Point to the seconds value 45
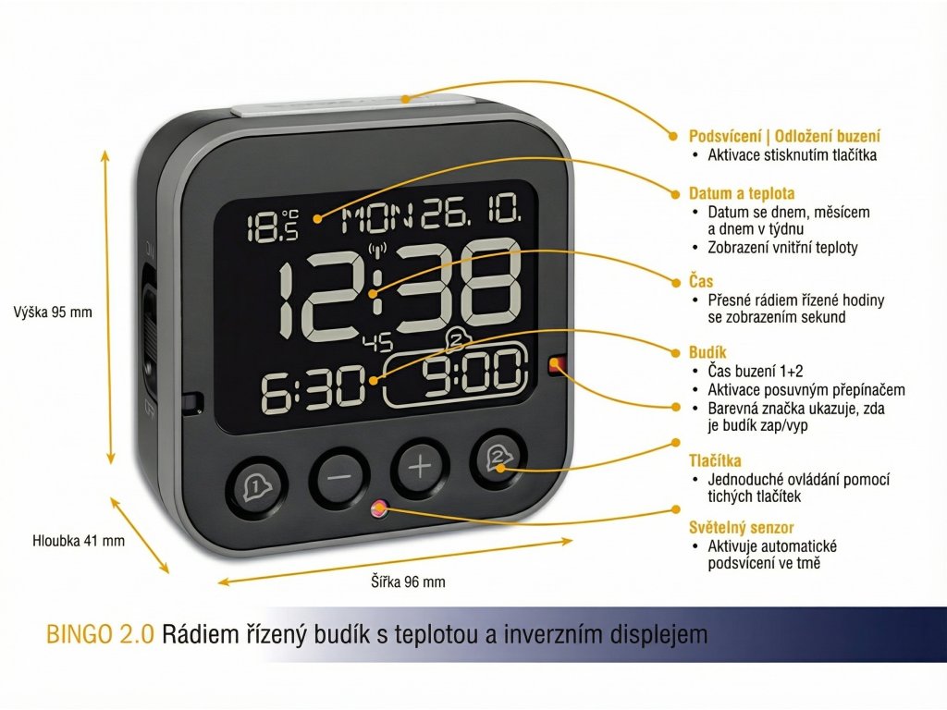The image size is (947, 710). point(376,344)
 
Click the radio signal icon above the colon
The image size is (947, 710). point(376,248)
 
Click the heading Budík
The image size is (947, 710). point(707,352)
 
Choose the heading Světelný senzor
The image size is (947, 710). point(742,527)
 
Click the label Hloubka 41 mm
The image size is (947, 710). point(79,541)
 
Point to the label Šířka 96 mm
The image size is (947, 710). point(408,581)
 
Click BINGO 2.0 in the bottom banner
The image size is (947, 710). point(100,635)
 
